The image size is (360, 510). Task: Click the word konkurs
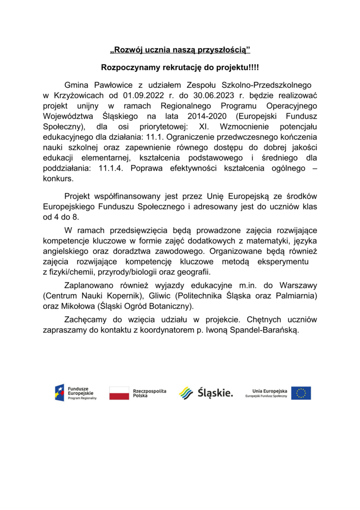[58, 179]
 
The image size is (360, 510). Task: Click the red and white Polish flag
[119, 392]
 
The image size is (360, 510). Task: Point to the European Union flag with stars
[301, 392]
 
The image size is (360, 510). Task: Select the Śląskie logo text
[215, 392]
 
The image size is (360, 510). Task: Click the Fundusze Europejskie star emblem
[59, 392]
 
